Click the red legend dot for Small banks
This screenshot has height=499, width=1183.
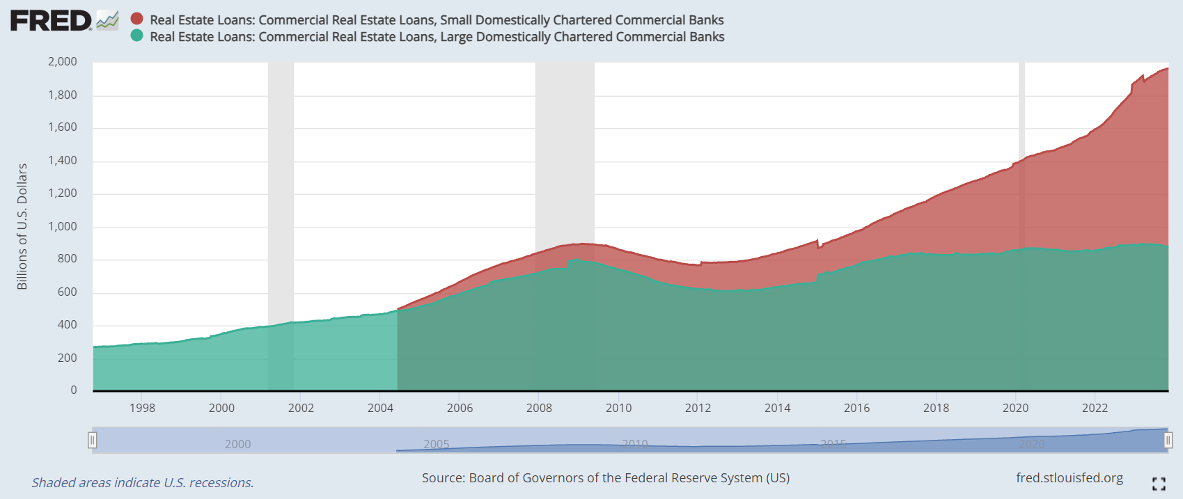[137, 19]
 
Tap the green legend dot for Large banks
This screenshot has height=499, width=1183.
[137, 35]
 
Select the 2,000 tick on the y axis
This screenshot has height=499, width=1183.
[63, 61]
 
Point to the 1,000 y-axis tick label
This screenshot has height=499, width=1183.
[63, 226]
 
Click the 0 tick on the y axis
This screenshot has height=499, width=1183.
[74, 390]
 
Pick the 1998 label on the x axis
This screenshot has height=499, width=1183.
[142, 408]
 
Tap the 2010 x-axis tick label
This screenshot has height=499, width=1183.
[618, 408]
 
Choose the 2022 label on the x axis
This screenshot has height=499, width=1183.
[1095, 408]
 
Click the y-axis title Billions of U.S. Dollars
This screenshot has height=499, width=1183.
[22, 226]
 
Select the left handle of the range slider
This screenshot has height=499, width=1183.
[92, 440]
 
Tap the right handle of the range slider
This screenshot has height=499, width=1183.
[1168, 440]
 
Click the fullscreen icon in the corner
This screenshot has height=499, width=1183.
[1159, 484]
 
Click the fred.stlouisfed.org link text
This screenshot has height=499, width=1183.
[1070, 477]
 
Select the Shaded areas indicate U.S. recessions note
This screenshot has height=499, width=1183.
[143, 482]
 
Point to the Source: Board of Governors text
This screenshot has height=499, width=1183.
[605, 477]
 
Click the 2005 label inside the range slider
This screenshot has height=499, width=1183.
[437, 444]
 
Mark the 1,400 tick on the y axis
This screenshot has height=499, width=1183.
[63, 160]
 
